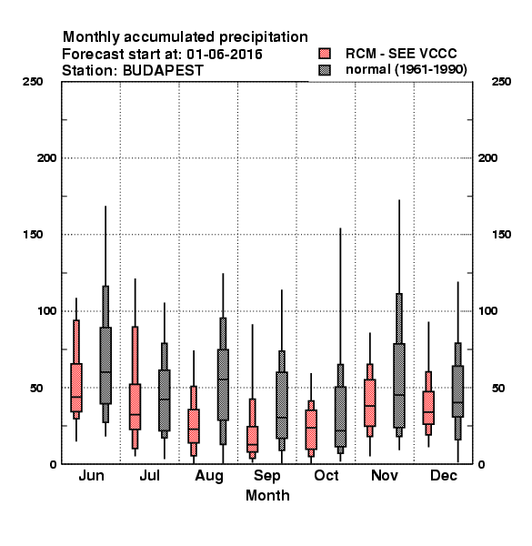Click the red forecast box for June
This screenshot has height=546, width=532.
(76, 388)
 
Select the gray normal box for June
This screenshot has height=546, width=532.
(105, 365)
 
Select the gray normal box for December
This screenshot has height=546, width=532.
(458, 391)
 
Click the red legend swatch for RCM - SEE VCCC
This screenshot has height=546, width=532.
(325, 54)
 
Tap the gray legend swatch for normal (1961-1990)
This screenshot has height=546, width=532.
(325, 70)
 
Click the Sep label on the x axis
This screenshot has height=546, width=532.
(266, 476)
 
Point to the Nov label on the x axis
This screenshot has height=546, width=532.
(385, 475)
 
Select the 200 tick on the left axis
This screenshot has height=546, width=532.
(46, 158)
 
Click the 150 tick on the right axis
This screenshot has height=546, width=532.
(501, 235)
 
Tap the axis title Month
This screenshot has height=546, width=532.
(267, 495)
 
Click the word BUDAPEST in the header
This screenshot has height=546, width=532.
(163, 70)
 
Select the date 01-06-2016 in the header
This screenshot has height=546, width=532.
(225, 55)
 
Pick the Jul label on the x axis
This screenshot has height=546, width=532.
(150, 475)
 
